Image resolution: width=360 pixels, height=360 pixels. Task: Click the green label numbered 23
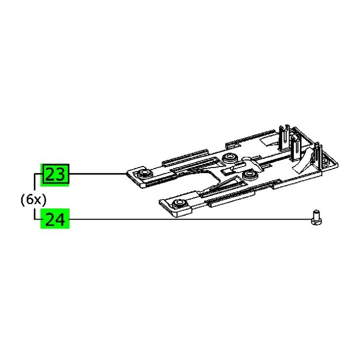click(55, 175)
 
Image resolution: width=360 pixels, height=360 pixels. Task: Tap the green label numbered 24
click(55, 219)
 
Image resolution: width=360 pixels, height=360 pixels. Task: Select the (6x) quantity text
click(33, 200)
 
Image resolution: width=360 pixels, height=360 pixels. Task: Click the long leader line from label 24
click(190, 219)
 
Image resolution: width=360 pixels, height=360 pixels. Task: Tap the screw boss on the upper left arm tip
click(143, 172)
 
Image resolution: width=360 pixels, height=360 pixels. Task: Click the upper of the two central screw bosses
click(230, 158)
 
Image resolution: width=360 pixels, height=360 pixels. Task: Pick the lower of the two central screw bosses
click(250, 175)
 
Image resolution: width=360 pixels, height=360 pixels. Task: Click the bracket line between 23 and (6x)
click(34, 182)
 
